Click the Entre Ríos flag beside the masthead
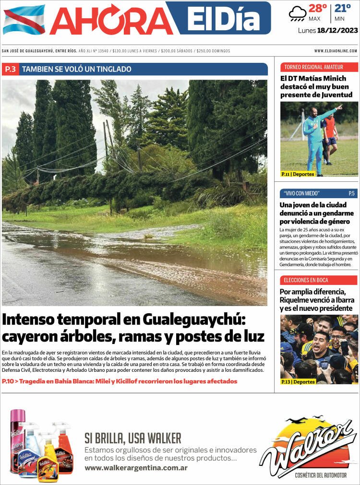(x=24, y=20)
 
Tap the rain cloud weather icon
(x=297, y=13)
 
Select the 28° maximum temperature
(x=317, y=9)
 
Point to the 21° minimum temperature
(x=343, y=9)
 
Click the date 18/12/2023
(x=338, y=31)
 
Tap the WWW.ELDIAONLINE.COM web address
(x=336, y=51)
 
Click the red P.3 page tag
(x=10, y=69)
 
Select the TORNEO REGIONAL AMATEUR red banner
(x=319, y=67)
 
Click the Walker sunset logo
(x=308, y=444)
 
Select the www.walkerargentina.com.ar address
(x=136, y=468)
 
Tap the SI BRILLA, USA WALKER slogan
(x=133, y=438)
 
